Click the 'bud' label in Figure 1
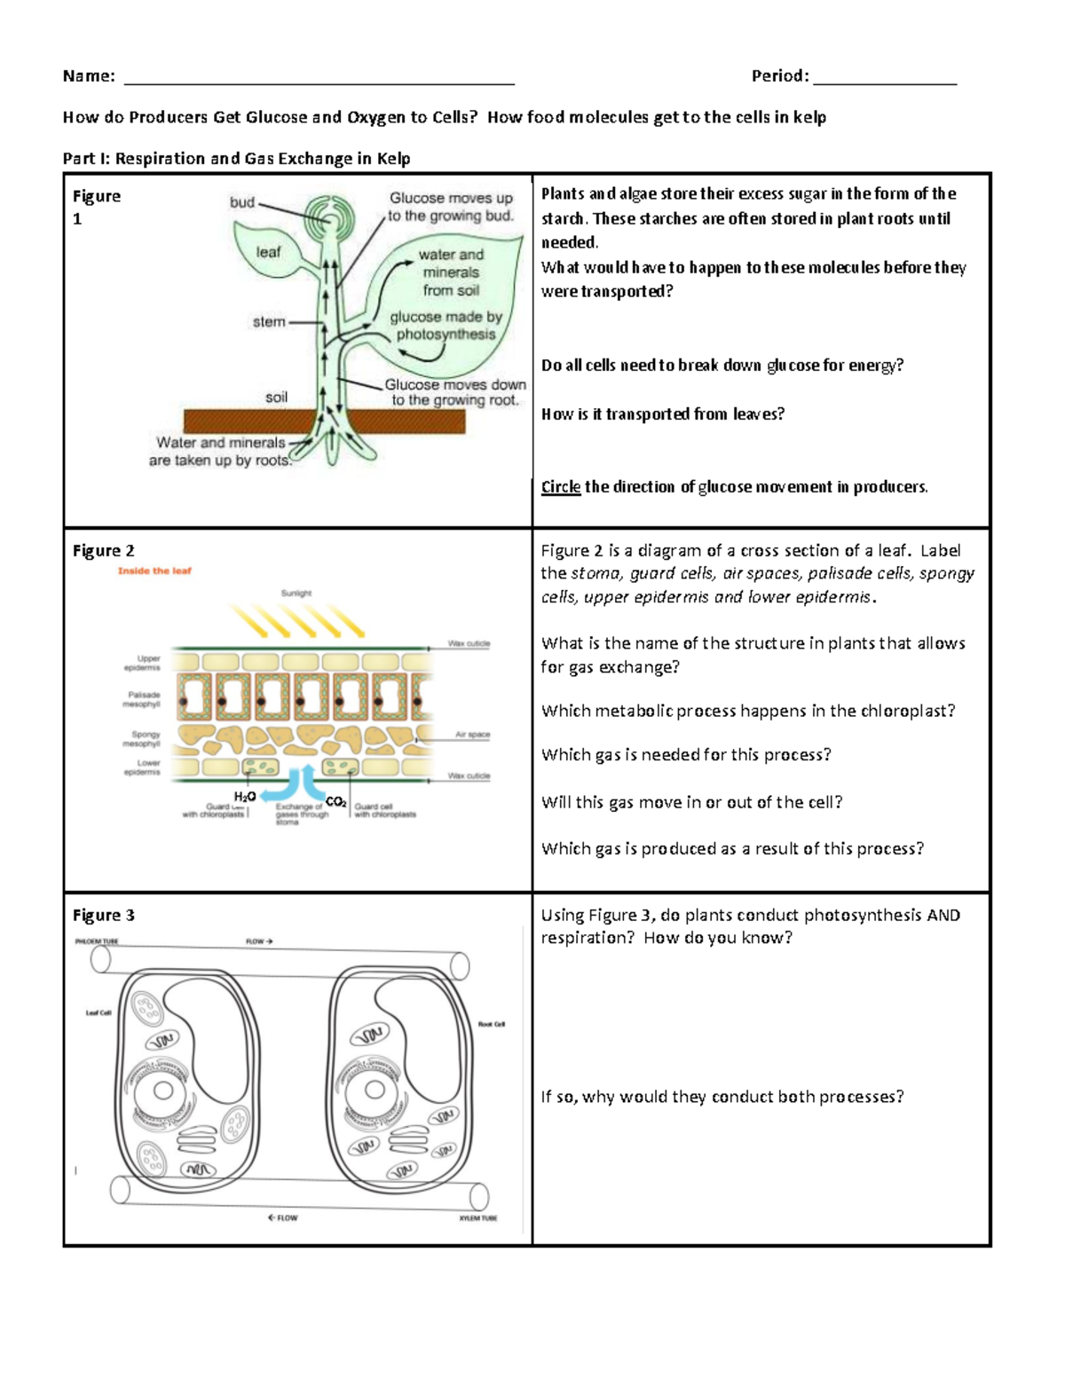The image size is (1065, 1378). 242,202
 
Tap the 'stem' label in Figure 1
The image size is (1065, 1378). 269,322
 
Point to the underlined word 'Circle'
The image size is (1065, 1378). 560,487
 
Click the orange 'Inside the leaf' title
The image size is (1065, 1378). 154,571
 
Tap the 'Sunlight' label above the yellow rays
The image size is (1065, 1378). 296,594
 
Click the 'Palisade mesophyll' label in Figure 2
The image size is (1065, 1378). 143,700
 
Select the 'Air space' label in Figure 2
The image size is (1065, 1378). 472,735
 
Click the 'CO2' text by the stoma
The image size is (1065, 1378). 336,801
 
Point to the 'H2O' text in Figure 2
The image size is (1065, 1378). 245,797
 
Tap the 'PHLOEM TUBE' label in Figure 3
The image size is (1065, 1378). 96,941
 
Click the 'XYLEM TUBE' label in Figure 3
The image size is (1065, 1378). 477,1218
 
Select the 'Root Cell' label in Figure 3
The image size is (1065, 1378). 491,1024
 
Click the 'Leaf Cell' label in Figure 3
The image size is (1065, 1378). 99,1012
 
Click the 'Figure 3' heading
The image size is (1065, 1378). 104,916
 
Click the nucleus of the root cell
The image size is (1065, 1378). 375,1090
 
